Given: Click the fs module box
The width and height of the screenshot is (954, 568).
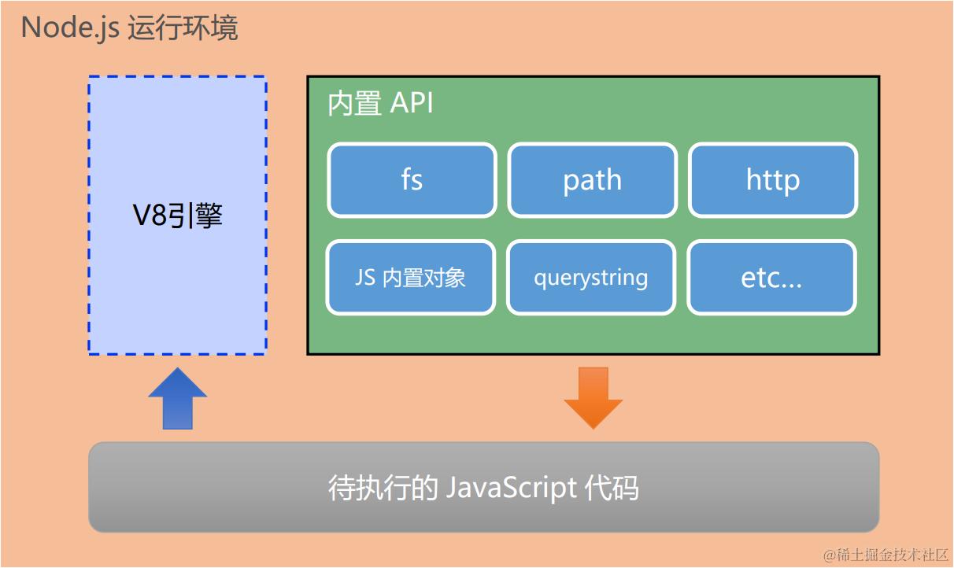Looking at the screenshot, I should click(x=412, y=180).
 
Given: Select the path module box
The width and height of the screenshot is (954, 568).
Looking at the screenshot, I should click(x=592, y=180).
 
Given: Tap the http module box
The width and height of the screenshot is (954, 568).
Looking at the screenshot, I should click(x=772, y=180).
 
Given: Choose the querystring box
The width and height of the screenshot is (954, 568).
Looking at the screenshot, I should click(x=591, y=278).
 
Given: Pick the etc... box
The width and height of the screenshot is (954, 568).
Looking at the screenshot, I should click(x=771, y=278).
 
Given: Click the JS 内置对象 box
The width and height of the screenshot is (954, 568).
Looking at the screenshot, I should click(x=410, y=278).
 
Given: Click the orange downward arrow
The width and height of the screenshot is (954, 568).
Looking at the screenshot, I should click(x=593, y=397).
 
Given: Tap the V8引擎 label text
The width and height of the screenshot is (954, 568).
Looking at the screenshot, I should click(x=177, y=216).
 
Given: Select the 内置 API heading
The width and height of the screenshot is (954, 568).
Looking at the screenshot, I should click(x=381, y=104).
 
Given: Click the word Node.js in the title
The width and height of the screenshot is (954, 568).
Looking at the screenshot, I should click(x=68, y=28).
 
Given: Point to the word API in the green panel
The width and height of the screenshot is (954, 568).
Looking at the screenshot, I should click(x=412, y=104).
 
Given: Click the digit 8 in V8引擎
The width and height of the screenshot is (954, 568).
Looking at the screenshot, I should click(x=160, y=216).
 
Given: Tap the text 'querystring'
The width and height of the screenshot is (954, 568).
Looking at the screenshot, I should click(x=591, y=278).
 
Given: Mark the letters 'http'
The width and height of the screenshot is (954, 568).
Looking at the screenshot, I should click(x=772, y=180).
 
